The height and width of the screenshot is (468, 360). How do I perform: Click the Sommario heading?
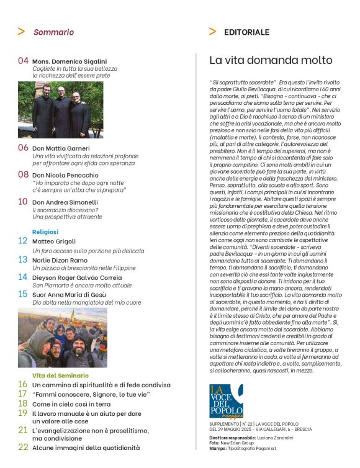pos(53,32)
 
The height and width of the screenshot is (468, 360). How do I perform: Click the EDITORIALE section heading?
pos(246,32)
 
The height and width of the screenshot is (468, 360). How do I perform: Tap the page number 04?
pos(23,61)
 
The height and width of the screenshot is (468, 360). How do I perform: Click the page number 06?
pos(23,148)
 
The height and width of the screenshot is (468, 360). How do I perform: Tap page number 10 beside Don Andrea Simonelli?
pos(22,201)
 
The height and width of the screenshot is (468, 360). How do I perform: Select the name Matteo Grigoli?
pos(56,240)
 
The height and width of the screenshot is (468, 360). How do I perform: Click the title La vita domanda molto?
pos(271,60)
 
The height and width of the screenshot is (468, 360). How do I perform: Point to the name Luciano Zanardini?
pos(272,438)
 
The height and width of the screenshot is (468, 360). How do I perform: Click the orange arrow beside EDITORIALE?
pos(213,31)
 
